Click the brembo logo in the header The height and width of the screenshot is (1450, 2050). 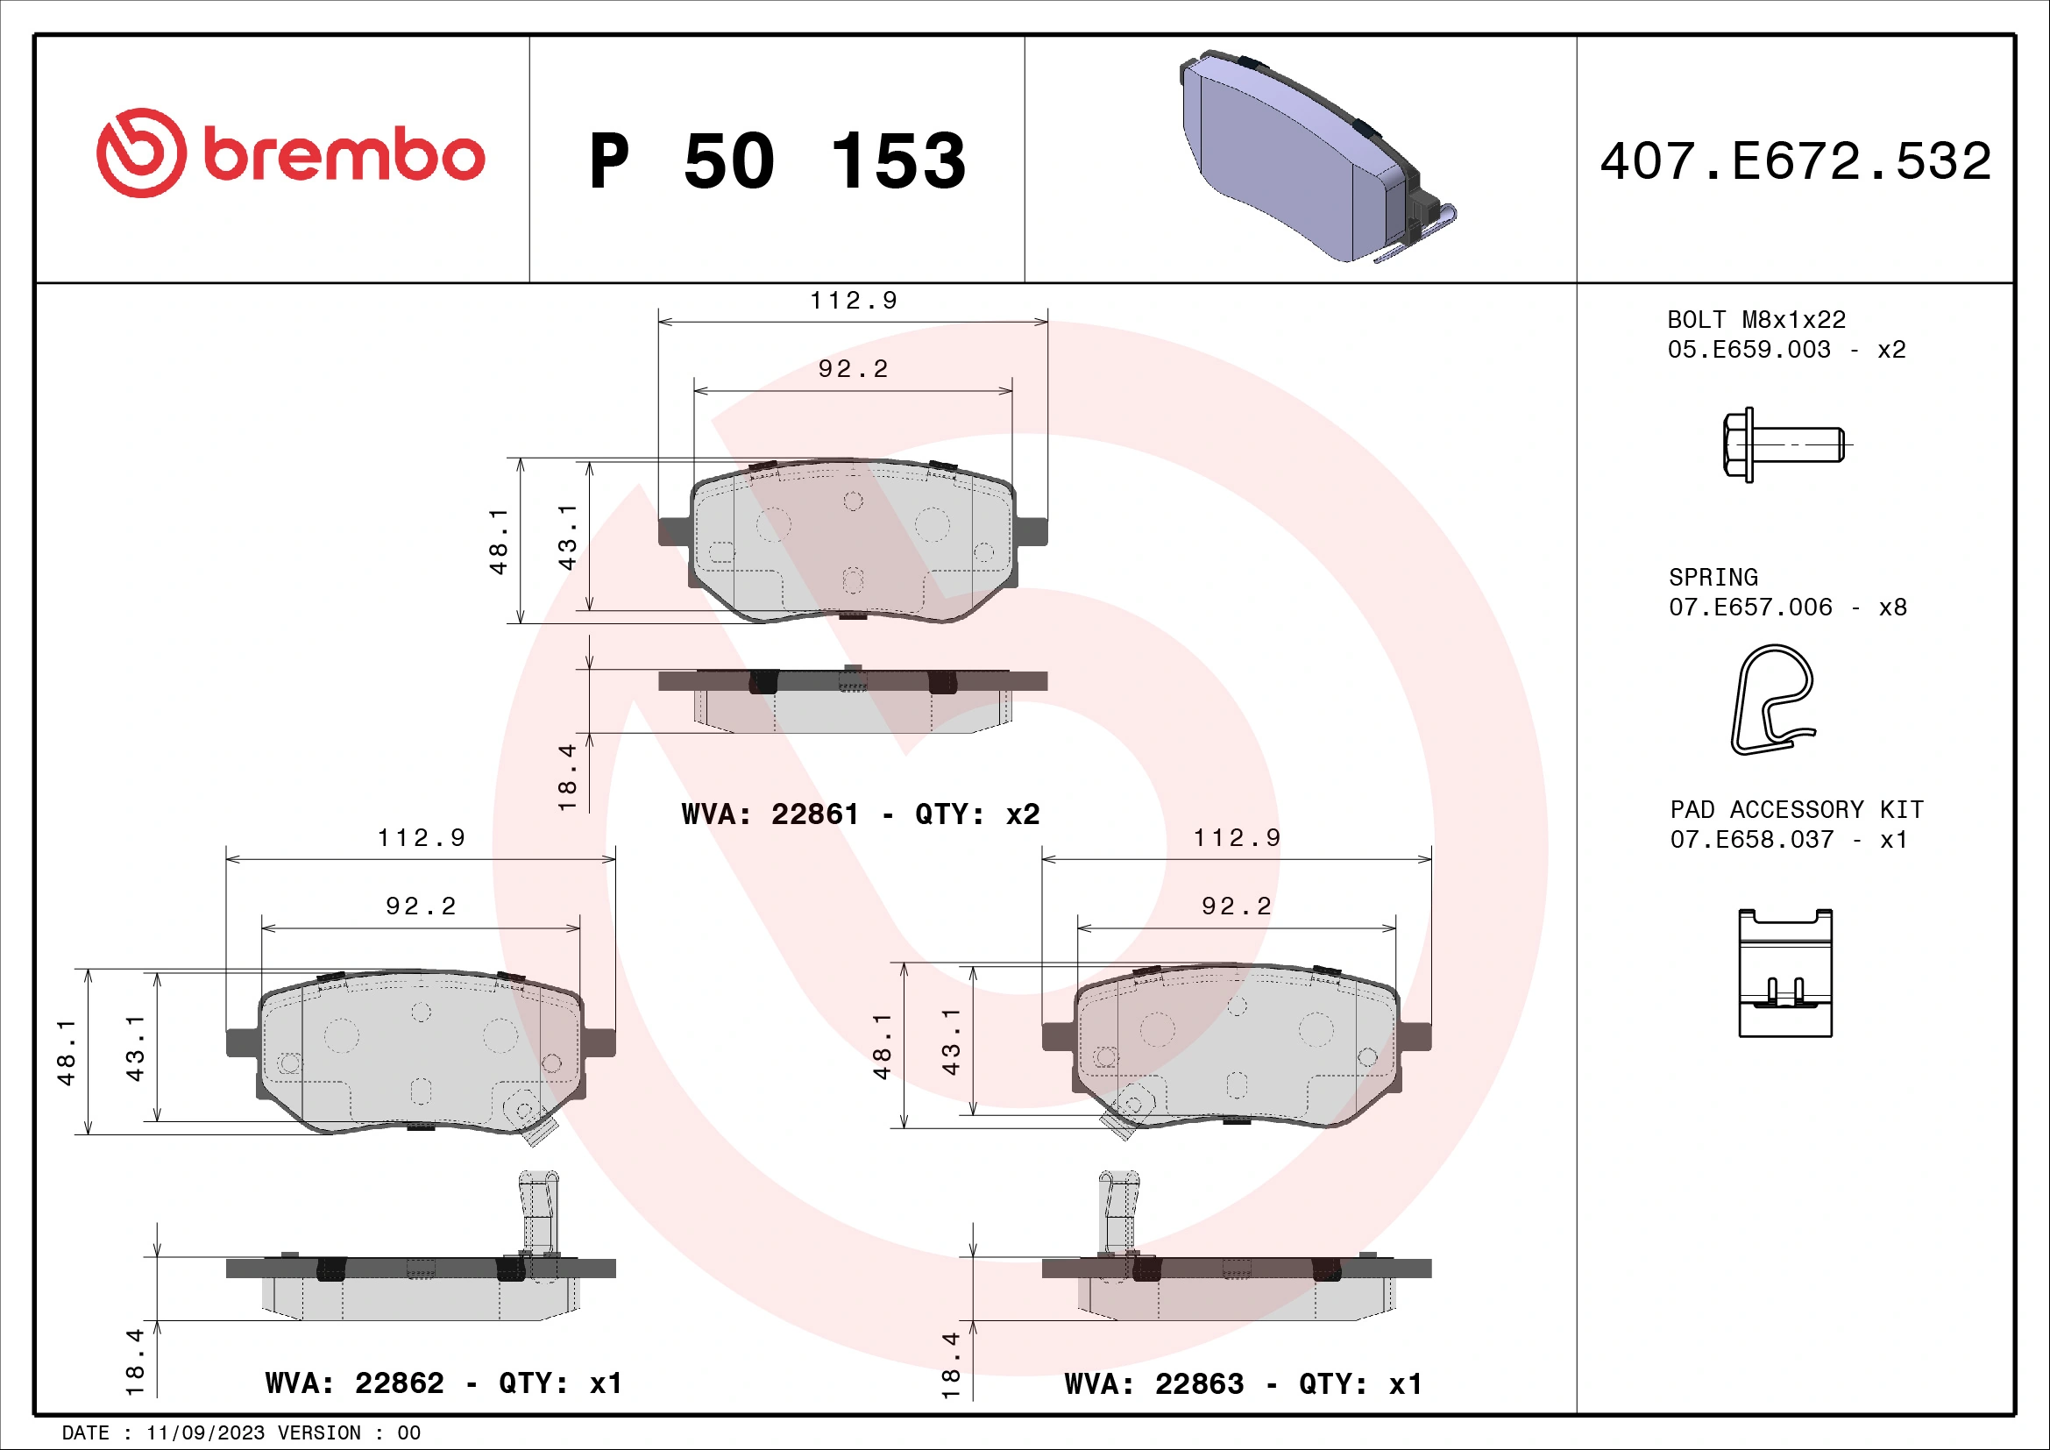290,154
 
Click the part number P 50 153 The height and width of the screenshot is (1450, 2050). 777,161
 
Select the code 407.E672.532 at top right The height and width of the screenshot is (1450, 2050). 1795,161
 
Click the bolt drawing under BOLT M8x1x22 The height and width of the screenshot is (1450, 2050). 1782,444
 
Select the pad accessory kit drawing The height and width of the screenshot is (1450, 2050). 1784,973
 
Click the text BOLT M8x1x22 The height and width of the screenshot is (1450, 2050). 1756,320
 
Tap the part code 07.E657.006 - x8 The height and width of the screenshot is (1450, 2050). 1786,608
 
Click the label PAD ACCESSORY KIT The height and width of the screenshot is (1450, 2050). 1796,809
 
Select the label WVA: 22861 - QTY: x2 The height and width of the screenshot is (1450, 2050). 860,814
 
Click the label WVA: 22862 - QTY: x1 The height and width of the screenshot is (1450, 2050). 443,1383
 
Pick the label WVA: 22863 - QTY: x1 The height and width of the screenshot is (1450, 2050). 1242,1384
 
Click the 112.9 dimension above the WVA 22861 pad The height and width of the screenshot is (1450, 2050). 853,301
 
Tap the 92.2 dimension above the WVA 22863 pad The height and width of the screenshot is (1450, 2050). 1236,906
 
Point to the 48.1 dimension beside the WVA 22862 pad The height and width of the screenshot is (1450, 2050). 66,1053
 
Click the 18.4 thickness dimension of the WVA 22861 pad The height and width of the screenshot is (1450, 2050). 567,777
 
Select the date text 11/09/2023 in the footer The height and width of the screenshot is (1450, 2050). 205,1433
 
